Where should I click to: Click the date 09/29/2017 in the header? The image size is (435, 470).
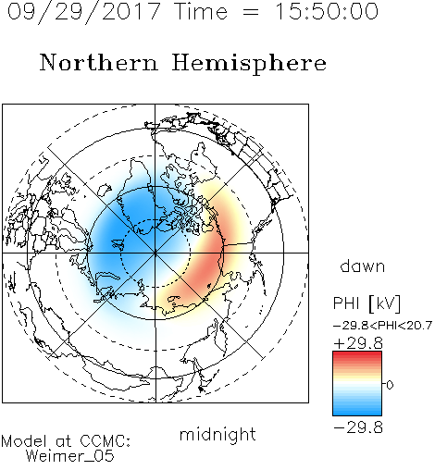pos(83,11)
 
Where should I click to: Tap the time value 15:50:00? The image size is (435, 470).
pos(327,11)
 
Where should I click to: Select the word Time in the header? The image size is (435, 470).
pos(201,11)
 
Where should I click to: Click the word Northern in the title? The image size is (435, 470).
pos(98,62)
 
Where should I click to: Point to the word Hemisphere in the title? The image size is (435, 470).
pos(249,64)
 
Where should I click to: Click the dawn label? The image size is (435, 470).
pos(363,266)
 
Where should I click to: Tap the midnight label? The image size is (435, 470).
pos(217,434)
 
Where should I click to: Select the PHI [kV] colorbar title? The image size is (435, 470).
pos(367,303)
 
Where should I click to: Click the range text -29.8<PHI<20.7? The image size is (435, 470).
pos(382,326)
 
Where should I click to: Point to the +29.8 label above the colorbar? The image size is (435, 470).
pos(358,343)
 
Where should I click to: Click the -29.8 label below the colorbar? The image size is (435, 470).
pos(358,427)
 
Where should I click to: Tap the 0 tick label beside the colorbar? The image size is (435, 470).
pos(390,385)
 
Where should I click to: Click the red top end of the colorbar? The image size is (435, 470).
pos(357,354)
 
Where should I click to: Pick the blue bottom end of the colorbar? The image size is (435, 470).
pos(357,413)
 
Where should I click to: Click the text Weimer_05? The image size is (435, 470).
pos(69,456)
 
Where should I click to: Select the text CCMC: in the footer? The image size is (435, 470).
pos(106,441)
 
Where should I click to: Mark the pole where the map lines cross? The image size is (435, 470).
pos(155,253)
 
